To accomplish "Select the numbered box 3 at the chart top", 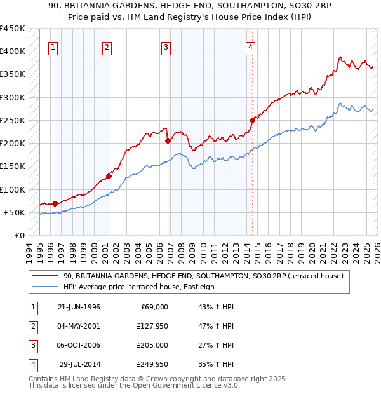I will pos(166,46).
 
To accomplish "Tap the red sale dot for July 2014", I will pos(252,119).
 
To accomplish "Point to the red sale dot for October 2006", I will pos(168,140).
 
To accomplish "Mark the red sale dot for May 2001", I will pos(109,176).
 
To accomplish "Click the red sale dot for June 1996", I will pos(55,203).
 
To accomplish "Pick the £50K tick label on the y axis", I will pos(14,212).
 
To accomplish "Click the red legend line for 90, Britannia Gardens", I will pos(44,276).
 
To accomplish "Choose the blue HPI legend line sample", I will pos(44,287).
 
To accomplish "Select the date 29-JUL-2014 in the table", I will pos(79,364).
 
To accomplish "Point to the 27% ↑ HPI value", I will pos(216,345).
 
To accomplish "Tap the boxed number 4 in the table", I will pos(32,364).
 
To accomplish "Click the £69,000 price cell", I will pos(154,306).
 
